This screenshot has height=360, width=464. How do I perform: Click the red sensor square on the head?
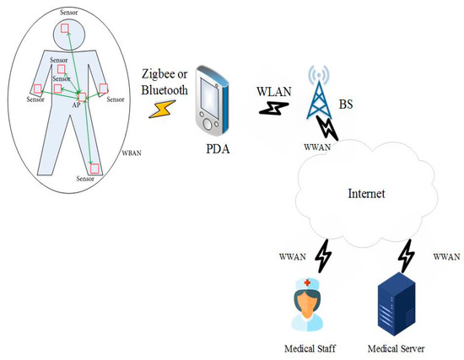66,32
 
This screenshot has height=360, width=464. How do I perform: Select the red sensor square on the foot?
95,169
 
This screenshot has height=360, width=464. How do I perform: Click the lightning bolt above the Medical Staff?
323,252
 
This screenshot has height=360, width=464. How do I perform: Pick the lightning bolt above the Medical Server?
407,252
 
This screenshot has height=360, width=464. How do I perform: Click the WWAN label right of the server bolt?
446,255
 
